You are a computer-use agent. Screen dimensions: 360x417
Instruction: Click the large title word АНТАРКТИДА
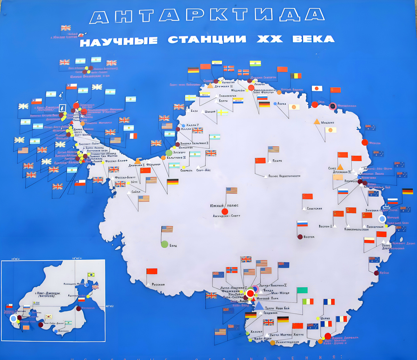tap(207, 16)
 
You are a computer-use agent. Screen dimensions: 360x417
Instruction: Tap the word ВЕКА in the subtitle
tap(313, 39)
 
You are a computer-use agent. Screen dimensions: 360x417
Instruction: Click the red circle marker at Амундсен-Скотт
tap(225, 211)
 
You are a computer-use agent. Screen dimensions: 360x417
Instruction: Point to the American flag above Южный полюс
tap(231, 190)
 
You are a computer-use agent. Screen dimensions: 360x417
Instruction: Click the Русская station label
tap(158, 285)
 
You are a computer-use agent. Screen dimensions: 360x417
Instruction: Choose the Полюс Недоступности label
tap(285, 176)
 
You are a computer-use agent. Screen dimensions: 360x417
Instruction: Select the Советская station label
tap(314, 209)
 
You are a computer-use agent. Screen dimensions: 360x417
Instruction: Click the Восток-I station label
tap(326, 226)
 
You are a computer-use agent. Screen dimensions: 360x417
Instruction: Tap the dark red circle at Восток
tap(300, 237)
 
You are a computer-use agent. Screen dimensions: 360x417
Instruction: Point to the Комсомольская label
tap(356, 230)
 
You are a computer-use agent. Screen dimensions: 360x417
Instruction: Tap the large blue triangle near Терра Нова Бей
tap(259, 305)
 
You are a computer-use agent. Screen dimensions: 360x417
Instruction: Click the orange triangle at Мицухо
tap(317, 121)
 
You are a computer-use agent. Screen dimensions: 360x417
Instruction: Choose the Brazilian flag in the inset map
tap(91, 275)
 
